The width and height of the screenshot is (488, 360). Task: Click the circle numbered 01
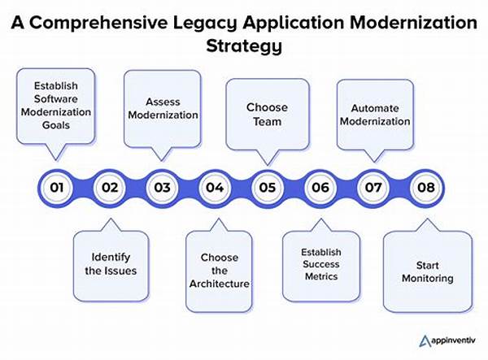pyautogui.click(x=57, y=188)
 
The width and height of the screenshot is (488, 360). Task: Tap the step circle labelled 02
pyautogui.click(x=110, y=188)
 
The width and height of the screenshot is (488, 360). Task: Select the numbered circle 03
pyautogui.click(x=162, y=188)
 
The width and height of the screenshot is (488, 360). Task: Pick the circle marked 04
pyautogui.click(x=215, y=188)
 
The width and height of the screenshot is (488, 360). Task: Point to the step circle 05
pyautogui.click(x=268, y=188)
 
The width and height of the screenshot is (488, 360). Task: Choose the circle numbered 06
pyautogui.click(x=320, y=188)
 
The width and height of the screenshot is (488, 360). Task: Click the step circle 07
pyautogui.click(x=373, y=188)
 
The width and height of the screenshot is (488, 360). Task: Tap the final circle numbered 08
pyautogui.click(x=425, y=188)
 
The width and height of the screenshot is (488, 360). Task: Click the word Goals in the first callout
pyautogui.click(x=56, y=125)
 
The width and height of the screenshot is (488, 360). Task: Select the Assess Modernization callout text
pyautogui.click(x=163, y=109)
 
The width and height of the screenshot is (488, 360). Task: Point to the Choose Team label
pyautogui.click(x=267, y=115)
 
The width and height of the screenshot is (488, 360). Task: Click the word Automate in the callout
pyautogui.click(x=375, y=108)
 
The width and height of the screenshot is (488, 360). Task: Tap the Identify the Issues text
pyautogui.click(x=111, y=264)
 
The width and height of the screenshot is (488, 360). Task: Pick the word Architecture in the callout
pyautogui.click(x=220, y=284)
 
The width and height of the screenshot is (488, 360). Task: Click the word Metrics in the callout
pyautogui.click(x=321, y=276)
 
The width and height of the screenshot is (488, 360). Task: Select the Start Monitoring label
pyautogui.click(x=428, y=271)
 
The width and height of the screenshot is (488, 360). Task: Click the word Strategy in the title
pyautogui.click(x=244, y=46)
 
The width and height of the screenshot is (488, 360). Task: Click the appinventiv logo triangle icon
pyautogui.click(x=425, y=340)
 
